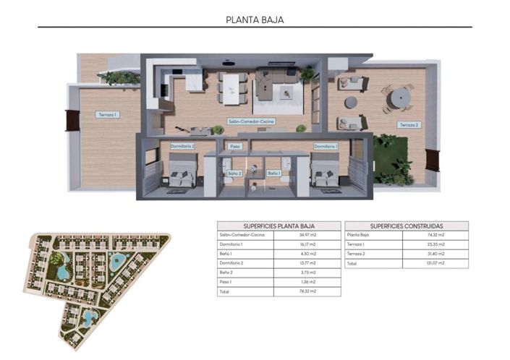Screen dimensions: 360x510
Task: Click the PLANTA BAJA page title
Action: click(255, 20)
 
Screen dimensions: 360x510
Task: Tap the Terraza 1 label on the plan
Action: click(107, 115)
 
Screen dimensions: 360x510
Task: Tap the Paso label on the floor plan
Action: click(234, 146)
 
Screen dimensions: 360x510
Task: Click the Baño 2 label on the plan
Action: click(234, 173)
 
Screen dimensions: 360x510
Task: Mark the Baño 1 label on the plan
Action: click(273, 173)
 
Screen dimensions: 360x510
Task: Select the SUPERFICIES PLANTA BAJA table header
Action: click(278, 226)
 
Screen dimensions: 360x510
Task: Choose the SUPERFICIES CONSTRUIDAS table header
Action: click(406, 226)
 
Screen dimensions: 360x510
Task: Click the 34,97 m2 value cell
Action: click(309, 236)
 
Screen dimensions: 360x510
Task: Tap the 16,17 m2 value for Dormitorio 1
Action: click(309, 245)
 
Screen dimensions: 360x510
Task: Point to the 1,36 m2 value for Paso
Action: click(309, 282)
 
